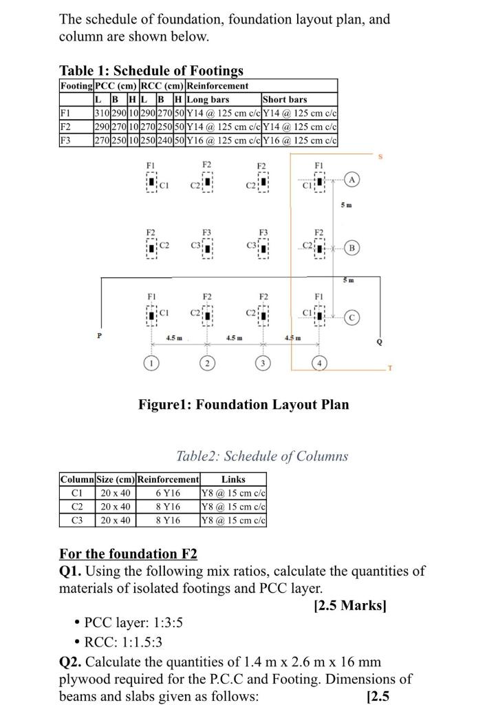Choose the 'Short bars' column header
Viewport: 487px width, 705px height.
[x=285, y=100]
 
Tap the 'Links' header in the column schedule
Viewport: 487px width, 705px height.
[x=233, y=478]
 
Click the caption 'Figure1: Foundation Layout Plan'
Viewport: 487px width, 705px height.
[x=243, y=404]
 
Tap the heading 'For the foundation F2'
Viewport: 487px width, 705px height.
[x=128, y=554]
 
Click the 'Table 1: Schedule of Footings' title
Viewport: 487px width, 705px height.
[x=151, y=70]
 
